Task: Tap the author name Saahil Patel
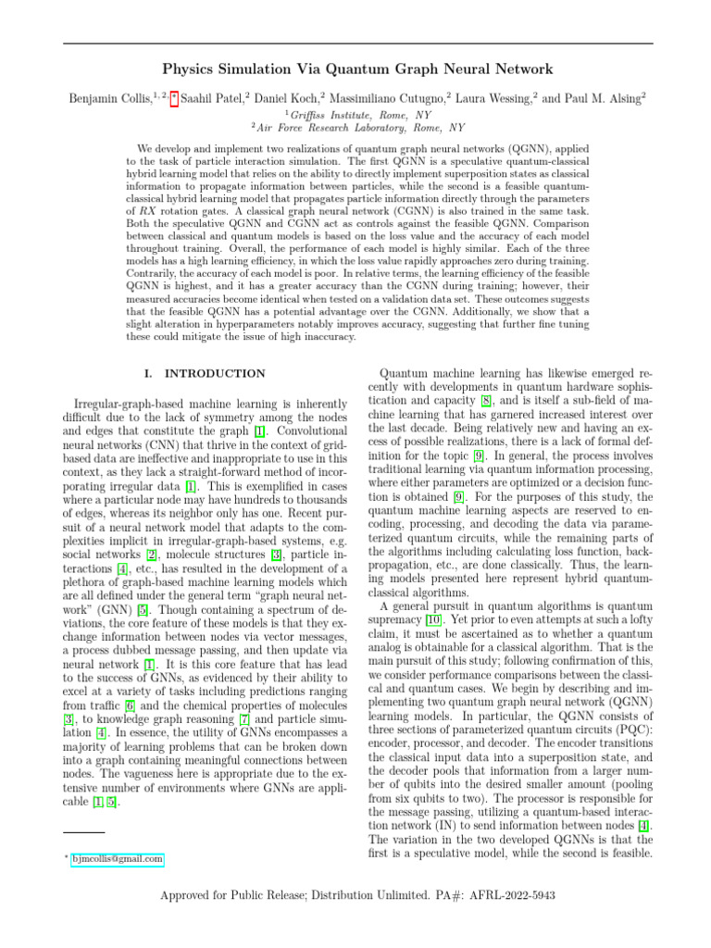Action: click(216, 96)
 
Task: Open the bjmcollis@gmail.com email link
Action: click(117, 859)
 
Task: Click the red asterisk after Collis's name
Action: click(174, 95)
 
